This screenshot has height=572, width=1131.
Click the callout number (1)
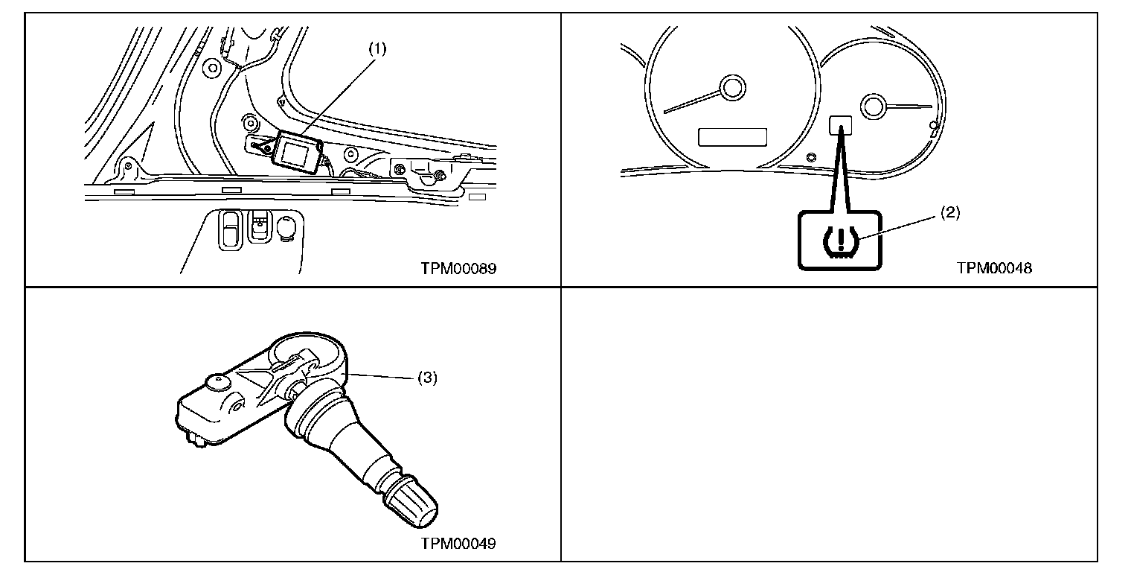[379, 50]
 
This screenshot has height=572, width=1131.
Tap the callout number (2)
[950, 213]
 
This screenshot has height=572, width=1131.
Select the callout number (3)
[426, 378]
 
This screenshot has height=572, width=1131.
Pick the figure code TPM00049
[458, 543]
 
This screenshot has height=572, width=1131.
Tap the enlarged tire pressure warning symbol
[839, 240]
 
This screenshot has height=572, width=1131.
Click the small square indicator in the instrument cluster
[840, 124]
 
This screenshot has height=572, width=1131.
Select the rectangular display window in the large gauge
[732, 136]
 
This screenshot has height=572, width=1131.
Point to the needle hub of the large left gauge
[732, 89]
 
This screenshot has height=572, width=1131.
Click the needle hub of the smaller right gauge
[872, 105]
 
